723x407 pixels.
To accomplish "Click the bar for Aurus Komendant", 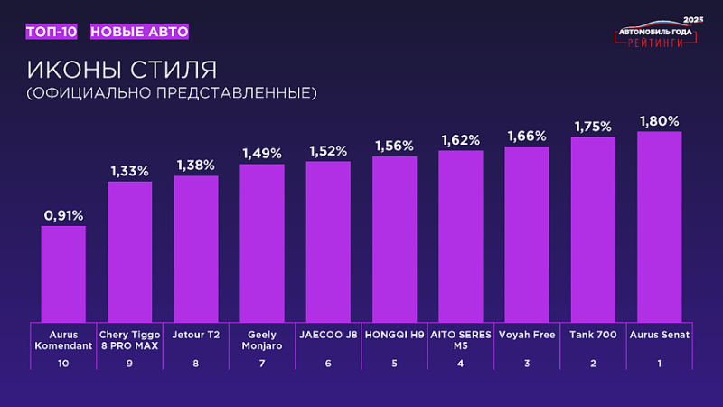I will coord(63,273).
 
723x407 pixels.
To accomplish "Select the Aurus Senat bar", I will coord(659,226).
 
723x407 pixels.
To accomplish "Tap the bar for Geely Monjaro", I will coord(262,242).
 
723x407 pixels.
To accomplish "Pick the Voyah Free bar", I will coord(527,233).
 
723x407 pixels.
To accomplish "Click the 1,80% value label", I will coord(659,120).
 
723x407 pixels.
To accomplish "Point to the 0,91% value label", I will coord(63,215).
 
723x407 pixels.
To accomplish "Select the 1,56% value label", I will coord(394,146).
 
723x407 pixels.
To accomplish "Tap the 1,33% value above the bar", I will coord(129,170).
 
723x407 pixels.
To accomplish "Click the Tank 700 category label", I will coord(593,334).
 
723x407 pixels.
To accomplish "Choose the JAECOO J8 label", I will coord(328,334).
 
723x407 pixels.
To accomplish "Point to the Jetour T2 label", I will coord(195,334).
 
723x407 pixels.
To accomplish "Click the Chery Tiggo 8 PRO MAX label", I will coord(129,339).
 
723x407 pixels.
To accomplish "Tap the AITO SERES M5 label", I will coord(460,339).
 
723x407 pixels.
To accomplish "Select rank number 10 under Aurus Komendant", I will coord(63,364).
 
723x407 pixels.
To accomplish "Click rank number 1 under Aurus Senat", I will coord(659,364).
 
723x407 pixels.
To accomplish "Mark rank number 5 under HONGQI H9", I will coord(394,364).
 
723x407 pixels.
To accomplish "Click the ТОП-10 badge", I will coord(52,32).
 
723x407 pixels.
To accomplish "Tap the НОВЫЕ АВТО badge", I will coord(139,32).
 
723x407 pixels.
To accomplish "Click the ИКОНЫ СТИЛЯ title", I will coord(121,70).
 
